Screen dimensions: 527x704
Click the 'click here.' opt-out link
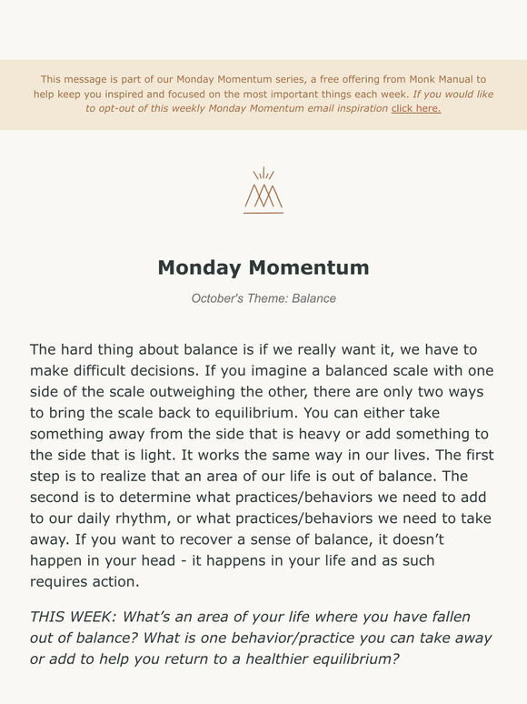[415, 108]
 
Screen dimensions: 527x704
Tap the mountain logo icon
[263, 189]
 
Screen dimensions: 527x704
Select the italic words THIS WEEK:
[72, 617]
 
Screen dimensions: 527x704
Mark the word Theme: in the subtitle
[271, 298]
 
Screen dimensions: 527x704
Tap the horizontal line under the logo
[263, 213]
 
